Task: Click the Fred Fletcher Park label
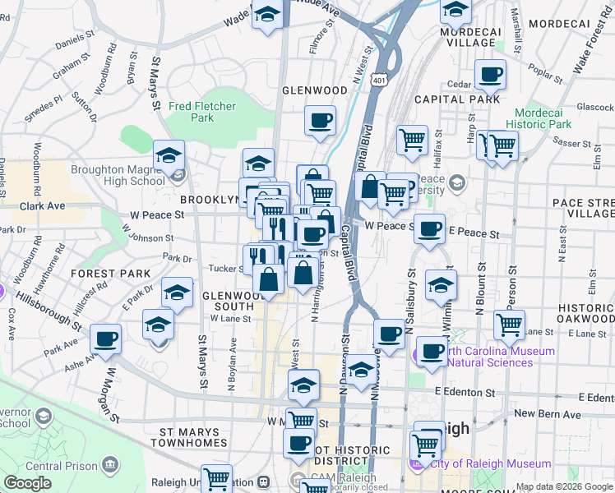coord(201,112)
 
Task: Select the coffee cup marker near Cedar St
coord(490,75)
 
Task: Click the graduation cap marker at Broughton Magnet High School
coord(169,155)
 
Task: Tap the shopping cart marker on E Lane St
coord(510,325)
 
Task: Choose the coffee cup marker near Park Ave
coord(105,339)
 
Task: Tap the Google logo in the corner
coord(28,483)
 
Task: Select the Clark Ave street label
coord(42,206)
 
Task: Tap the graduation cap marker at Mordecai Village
coord(455,11)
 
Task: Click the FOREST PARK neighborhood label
coord(110,273)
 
